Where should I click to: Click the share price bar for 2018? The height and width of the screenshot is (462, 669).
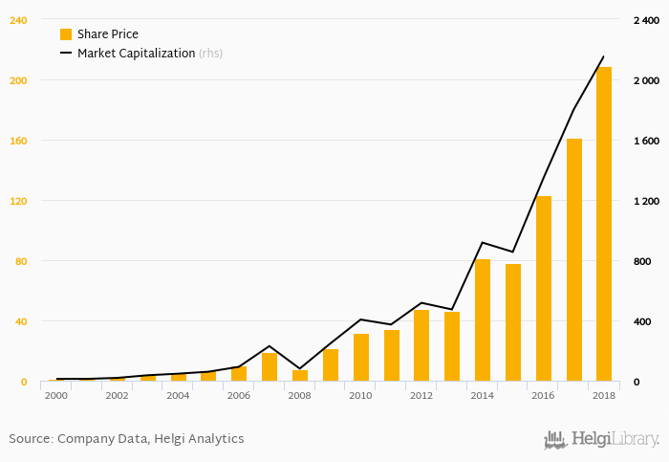pos(604,224)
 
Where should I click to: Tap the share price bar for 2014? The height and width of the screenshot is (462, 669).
pos(483,320)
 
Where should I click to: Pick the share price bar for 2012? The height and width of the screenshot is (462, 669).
pos(421,345)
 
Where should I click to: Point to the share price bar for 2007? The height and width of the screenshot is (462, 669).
pos(270,367)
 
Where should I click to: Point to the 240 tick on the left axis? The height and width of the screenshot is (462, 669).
pos(17,20)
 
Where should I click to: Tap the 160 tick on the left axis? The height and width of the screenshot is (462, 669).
pos(17,141)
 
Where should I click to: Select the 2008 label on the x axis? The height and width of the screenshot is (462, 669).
pos(299,395)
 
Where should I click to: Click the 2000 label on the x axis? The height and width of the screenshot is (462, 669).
pos(56,395)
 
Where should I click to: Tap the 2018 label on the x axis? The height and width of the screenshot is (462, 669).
pos(604,395)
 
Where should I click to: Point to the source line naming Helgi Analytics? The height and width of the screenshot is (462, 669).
pos(126,439)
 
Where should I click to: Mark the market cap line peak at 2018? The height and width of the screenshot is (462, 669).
pos(604,56)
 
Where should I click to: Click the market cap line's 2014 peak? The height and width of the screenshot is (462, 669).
pos(483,242)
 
